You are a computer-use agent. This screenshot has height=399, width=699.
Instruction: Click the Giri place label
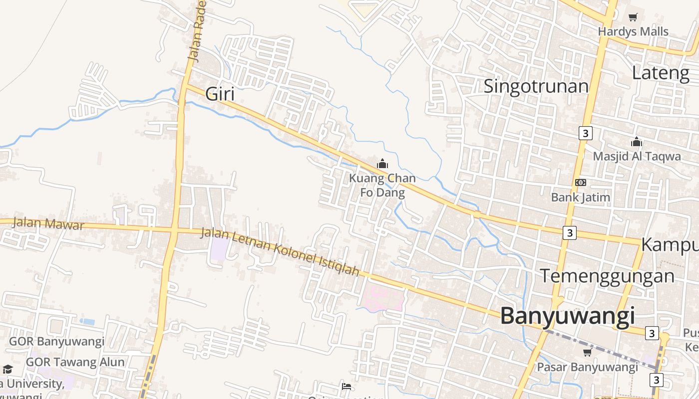tap(220, 94)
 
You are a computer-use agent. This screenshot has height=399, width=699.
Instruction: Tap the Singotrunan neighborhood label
tap(536, 86)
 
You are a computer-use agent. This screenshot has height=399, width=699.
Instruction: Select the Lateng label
tap(660, 73)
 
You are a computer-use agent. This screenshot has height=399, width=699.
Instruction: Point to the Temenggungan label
tap(607, 276)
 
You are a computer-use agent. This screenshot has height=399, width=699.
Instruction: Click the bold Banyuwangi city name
tap(567, 316)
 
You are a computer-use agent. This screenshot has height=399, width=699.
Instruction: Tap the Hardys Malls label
tap(633, 31)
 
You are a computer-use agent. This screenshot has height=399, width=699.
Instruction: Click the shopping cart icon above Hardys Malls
tap(633, 17)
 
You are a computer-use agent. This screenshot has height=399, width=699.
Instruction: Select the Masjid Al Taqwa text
tap(637, 156)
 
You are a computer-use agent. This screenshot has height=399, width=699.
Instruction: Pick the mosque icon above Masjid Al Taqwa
tap(636, 142)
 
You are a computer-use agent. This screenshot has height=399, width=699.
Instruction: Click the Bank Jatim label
tap(580, 197)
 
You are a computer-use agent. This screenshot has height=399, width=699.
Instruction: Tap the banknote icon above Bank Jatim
tap(580, 183)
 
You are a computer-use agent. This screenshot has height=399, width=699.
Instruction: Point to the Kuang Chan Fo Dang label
tap(382, 185)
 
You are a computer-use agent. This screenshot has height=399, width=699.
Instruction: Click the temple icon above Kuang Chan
tap(382, 164)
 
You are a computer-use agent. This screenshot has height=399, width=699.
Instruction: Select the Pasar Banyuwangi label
tap(587, 367)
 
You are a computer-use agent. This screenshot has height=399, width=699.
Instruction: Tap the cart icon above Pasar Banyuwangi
tap(587, 353)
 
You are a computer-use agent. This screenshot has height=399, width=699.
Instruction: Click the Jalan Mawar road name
tap(48, 223)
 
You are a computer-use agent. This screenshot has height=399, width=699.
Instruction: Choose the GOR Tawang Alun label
tap(75, 362)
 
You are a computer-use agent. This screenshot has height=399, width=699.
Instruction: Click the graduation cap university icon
tap(7, 370)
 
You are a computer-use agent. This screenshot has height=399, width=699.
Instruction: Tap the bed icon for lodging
tap(347, 387)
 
